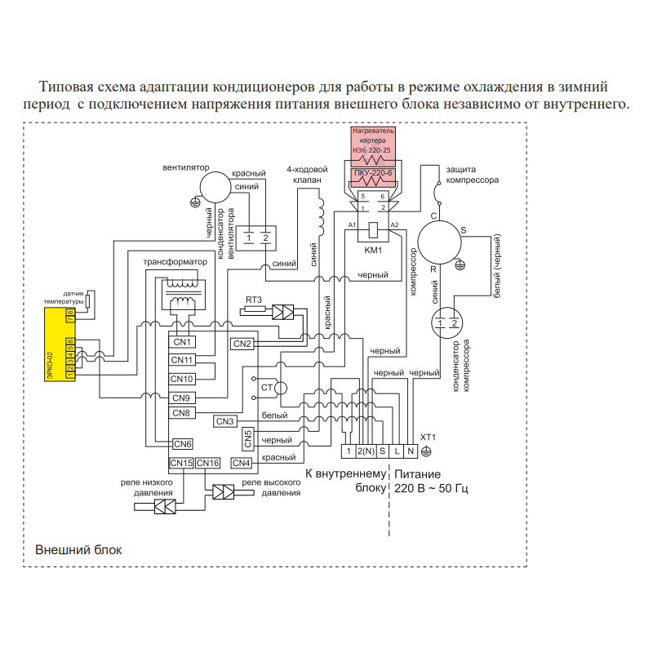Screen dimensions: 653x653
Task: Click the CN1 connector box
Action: (182, 342)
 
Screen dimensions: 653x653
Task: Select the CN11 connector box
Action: (182, 360)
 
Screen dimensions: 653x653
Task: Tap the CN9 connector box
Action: (182, 398)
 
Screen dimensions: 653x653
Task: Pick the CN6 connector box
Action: (183, 444)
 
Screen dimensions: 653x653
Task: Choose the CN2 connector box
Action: (242, 344)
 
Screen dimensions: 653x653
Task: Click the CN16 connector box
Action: (208, 463)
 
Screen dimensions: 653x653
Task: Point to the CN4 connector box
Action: (242, 463)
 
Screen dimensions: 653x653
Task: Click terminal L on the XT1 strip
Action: (397, 451)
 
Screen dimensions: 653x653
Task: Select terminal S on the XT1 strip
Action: (382, 451)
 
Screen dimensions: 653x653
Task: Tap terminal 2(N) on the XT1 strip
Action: (366, 451)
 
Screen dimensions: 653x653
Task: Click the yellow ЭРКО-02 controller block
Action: (60, 344)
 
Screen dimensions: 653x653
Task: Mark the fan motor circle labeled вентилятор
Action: (215, 187)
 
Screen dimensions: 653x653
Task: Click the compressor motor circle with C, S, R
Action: (439, 242)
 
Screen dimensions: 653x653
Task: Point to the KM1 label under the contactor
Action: (373, 251)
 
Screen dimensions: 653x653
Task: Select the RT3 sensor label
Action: (254, 300)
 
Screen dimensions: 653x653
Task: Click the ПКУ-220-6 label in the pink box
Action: (373, 173)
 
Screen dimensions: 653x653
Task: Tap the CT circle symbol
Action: (281, 389)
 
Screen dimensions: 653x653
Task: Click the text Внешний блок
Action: (78, 549)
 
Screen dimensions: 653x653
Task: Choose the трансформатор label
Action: (175, 262)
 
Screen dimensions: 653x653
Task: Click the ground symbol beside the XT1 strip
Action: (426, 451)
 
